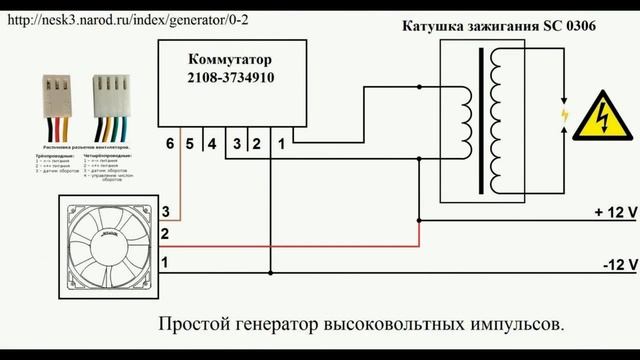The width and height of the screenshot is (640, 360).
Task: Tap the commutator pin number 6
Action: pos(171,144)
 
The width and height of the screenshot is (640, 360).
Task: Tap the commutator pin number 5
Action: pos(192,144)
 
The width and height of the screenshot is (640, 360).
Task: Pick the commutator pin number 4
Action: pos(212,144)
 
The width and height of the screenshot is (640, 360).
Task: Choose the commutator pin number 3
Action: pos(236,144)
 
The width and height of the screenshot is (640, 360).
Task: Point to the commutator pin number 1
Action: pos(282,144)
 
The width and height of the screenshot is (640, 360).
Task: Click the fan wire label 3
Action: pos(165,212)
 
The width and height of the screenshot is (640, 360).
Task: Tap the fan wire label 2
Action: pos(165,235)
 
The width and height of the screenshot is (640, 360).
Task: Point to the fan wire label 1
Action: pos(165,262)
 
